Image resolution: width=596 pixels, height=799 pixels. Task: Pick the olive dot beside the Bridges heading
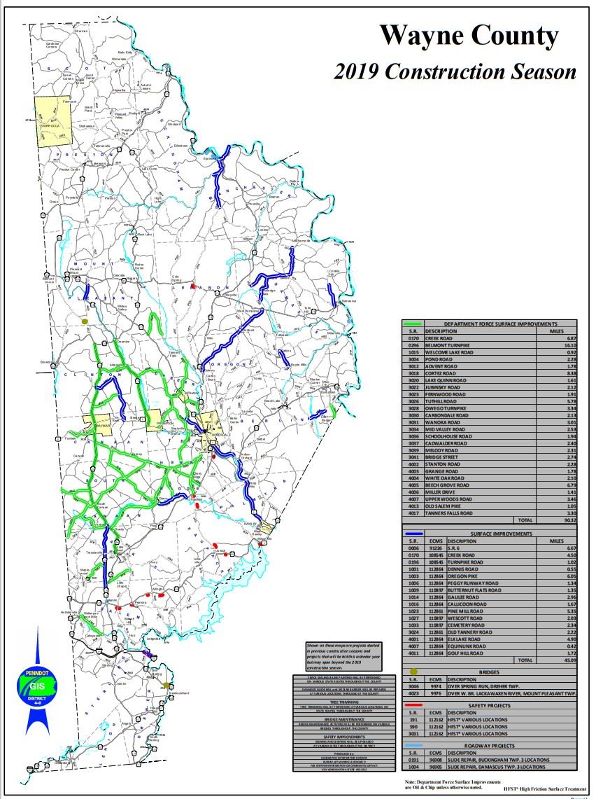(x=413, y=671)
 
